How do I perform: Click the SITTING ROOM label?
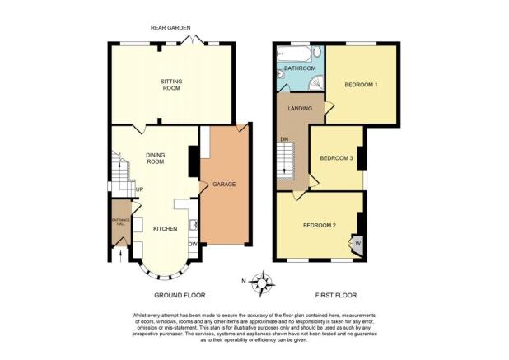171,85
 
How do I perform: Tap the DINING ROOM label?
156,158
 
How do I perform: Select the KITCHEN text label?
166,229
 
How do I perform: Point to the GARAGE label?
224,185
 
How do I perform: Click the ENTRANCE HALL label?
121,222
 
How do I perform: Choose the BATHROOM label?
300,68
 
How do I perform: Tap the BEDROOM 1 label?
361,85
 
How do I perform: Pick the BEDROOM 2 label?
319,225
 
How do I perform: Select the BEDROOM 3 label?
336,158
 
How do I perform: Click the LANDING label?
300,109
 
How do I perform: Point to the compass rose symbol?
262,283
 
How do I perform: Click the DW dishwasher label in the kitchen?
194,244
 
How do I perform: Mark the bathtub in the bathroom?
294,54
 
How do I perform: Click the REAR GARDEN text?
170,28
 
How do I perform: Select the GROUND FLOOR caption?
180,296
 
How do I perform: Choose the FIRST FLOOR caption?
336,296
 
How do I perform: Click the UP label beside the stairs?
139,189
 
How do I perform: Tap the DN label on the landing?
284,139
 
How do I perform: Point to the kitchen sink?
194,225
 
